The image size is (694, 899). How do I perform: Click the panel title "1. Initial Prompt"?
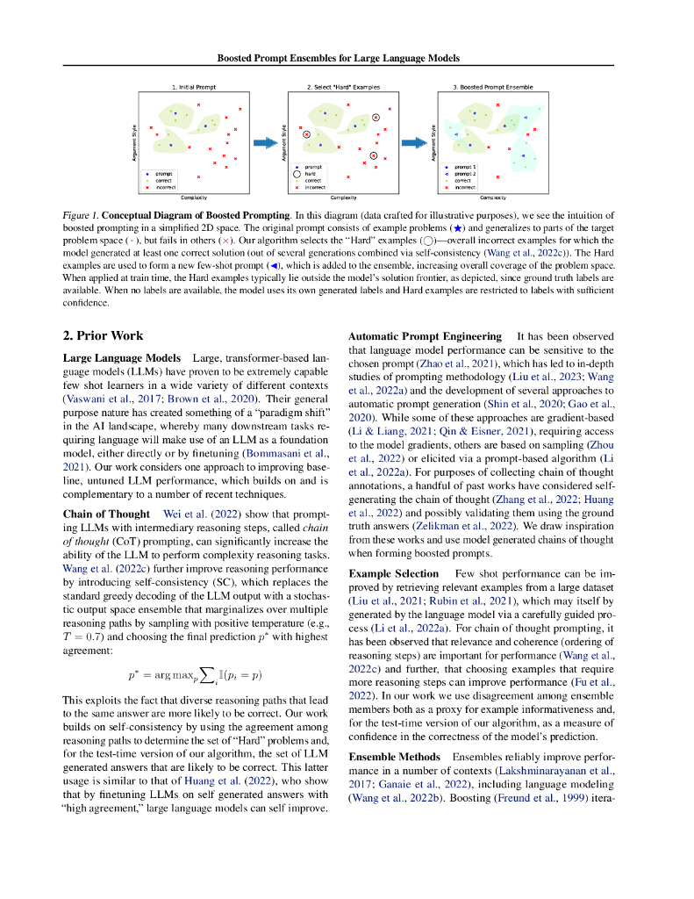(193, 88)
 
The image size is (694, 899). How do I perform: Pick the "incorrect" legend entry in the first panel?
(166, 187)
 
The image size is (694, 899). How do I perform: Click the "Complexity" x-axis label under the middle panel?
(343, 198)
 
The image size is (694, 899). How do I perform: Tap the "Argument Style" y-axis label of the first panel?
(133, 141)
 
